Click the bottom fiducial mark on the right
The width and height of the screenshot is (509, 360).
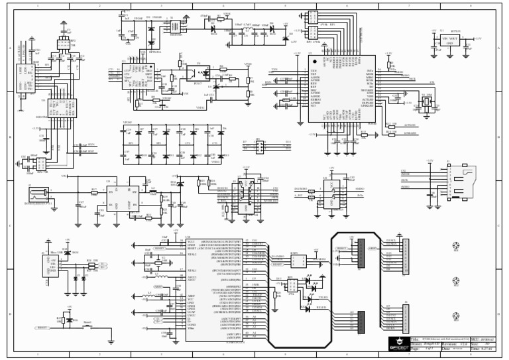[x=455, y=315]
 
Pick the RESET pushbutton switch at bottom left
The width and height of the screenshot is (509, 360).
[x=87, y=326]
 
